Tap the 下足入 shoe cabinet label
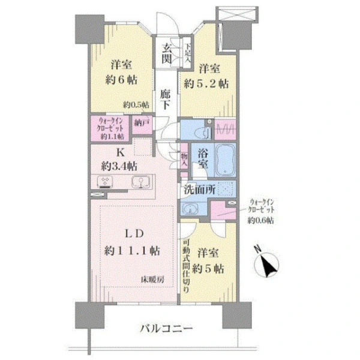(x=188, y=49)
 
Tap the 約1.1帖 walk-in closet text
(x=112, y=136)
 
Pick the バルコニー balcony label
(x=167, y=328)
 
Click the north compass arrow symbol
(x=268, y=264)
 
